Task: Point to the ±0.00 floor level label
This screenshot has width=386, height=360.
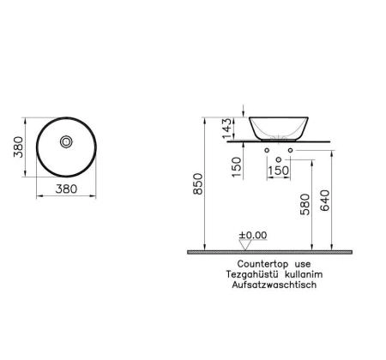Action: point(252,234)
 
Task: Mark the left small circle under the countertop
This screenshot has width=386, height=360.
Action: point(268,151)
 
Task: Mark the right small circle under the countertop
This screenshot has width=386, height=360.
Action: point(291,151)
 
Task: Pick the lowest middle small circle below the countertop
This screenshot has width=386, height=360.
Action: point(279,159)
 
